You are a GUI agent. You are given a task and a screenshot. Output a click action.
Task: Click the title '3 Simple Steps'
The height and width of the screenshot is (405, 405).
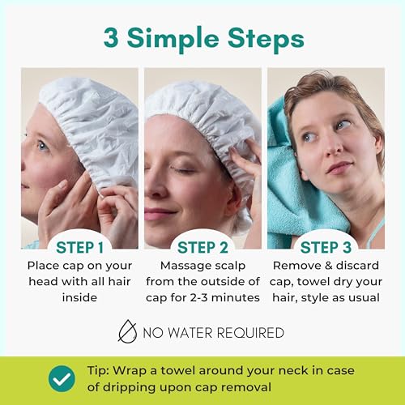[202, 38]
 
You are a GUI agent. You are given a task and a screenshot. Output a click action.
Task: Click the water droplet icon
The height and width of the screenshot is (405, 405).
[127, 331]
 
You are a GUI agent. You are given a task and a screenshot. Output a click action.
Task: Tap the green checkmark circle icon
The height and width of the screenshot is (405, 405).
[62, 377]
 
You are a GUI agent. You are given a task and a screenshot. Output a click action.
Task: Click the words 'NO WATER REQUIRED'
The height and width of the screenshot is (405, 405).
[213, 332]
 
